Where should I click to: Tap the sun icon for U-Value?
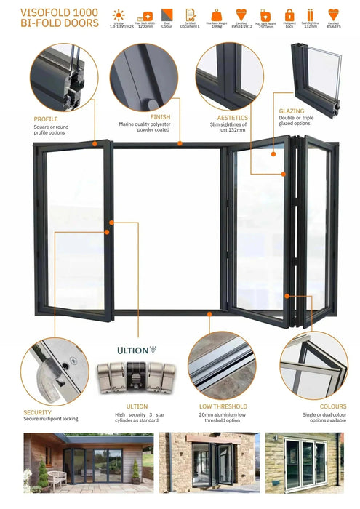119,15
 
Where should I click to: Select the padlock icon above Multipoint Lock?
289,15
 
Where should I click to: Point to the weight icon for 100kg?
217,15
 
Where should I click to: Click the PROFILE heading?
46,119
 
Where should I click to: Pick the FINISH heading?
160,116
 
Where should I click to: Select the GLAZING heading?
291,111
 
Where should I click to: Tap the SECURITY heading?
37,412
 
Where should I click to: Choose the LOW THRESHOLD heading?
223,406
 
